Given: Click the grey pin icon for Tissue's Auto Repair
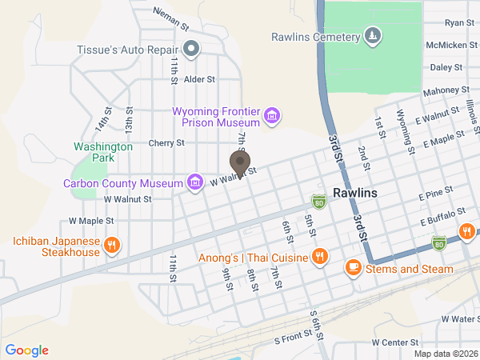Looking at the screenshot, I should (x=191, y=50).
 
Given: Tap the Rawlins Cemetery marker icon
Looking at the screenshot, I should (x=371, y=36).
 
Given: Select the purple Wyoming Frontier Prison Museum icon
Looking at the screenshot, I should (x=272, y=117).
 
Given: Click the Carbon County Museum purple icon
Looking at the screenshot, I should (x=194, y=183).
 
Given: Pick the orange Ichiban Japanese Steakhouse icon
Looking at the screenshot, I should (x=112, y=246).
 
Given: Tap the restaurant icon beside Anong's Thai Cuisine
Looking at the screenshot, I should (x=320, y=258).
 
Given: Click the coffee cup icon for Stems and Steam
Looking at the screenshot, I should (x=353, y=269).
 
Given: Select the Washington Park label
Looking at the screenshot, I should (x=102, y=152).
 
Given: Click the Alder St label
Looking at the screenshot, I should (x=200, y=79).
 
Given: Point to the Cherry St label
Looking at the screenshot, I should (x=166, y=143).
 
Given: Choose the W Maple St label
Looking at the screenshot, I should (x=91, y=220).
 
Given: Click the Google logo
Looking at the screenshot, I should (x=26, y=350).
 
